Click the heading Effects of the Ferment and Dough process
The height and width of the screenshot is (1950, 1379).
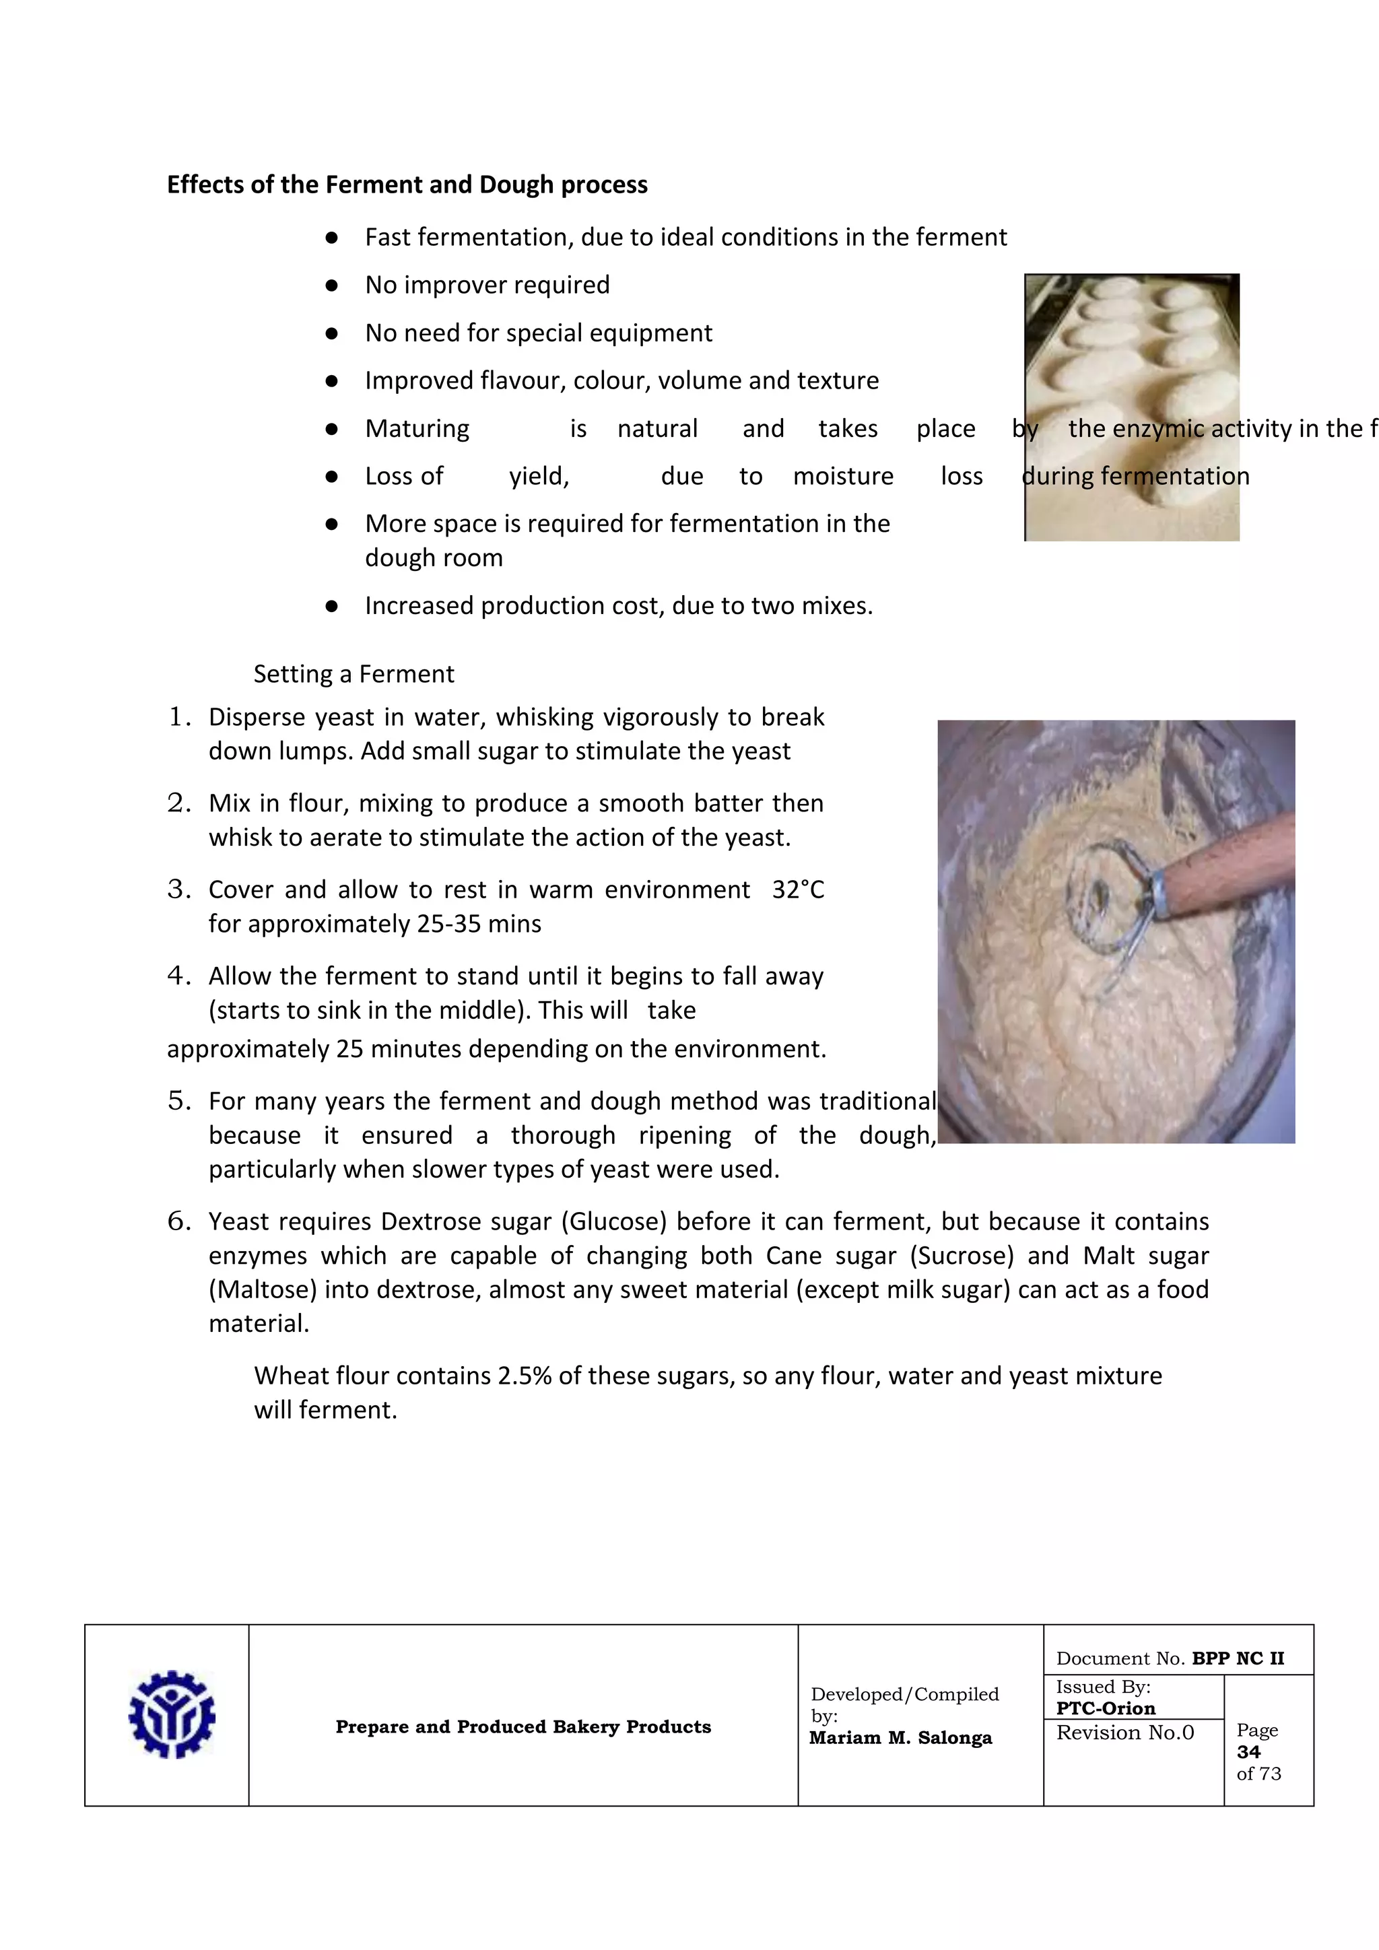click(407, 184)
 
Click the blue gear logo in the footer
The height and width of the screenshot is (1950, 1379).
click(172, 1714)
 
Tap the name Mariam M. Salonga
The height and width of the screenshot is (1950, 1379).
click(900, 1738)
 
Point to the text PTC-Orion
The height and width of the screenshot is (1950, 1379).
click(1106, 1708)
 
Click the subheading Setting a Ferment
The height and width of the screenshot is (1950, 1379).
click(354, 673)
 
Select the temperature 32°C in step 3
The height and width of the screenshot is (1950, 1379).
click(797, 889)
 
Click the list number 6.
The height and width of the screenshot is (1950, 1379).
click(179, 1221)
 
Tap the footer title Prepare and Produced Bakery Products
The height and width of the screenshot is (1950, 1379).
click(523, 1726)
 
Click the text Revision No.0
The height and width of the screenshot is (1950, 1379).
click(1125, 1733)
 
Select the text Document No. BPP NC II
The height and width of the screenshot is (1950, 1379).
click(1170, 1658)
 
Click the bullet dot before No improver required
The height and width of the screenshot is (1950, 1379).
click(332, 285)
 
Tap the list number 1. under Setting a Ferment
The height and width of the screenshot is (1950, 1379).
click(179, 717)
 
